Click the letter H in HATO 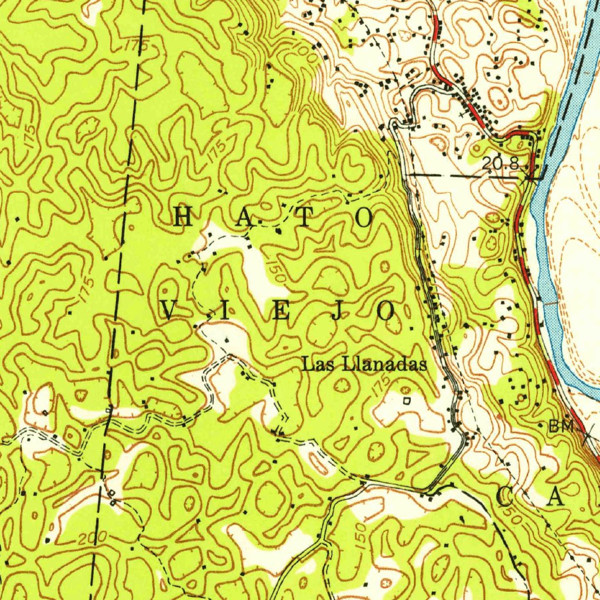[x=183, y=217]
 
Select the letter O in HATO [x=363, y=217]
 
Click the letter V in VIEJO [x=169, y=312]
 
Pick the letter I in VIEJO [x=224, y=312]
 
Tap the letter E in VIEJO [x=280, y=312]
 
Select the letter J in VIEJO [x=335, y=312]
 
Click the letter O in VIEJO [x=386, y=312]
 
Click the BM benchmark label [x=560, y=427]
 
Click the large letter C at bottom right [x=504, y=498]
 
